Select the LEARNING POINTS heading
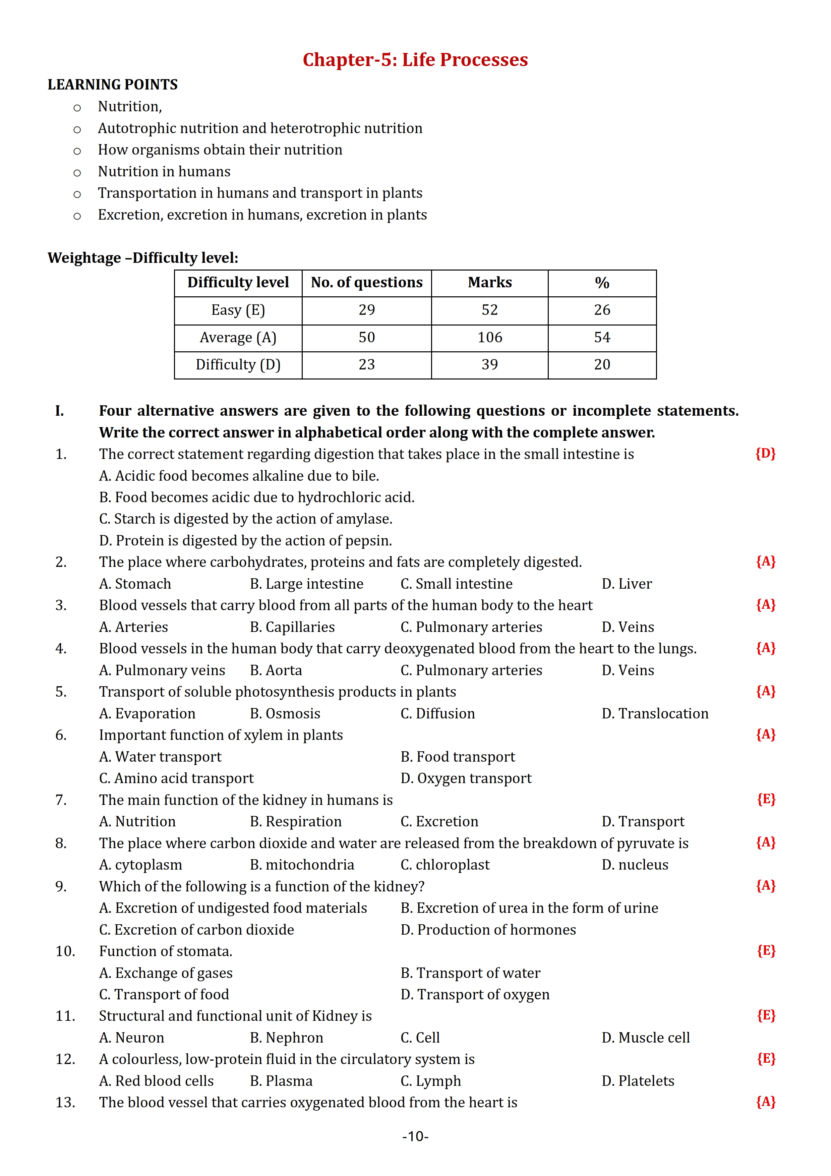coord(113,84)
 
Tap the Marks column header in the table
coord(489,283)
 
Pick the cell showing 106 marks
coord(489,338)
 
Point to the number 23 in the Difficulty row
coord(367,365)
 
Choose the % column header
coord(602,283)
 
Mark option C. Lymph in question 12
coord(431,1081)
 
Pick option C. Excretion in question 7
coord(439,822)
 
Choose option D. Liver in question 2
coord(627,584)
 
